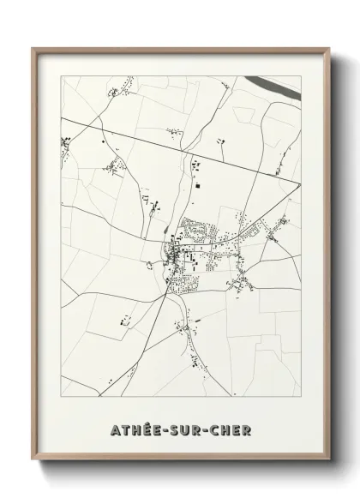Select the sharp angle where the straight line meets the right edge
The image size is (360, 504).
click(x=298, y=182)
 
